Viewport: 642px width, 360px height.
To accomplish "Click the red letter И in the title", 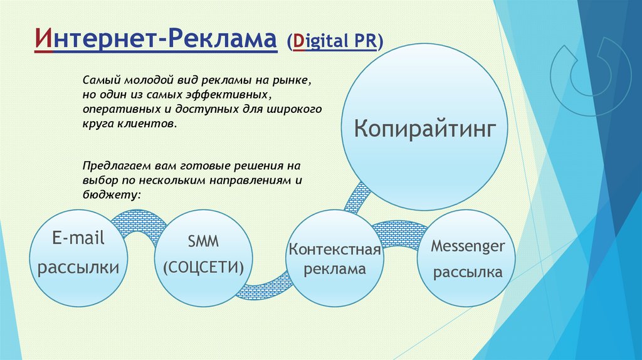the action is click(x=44, y=39).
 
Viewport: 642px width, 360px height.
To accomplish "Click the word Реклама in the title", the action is click(x=223, y=39).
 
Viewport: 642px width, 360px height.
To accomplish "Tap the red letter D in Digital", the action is click(x=299, y=41).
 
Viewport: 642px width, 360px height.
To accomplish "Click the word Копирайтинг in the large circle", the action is click(x=425, y=129).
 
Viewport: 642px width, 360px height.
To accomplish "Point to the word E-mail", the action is click(x=78, y=238).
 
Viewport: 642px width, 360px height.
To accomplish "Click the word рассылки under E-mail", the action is click(x=78, y=267).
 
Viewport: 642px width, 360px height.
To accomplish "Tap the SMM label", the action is click(x=203, y=241).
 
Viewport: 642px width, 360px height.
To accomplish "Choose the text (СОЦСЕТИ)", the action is click(x=204, y=267).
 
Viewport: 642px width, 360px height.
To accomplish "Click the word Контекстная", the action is click(x=335, y=250).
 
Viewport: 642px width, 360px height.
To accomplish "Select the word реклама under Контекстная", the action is click(x=335, y=269).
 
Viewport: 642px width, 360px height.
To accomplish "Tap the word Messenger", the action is click(x=468, y=246).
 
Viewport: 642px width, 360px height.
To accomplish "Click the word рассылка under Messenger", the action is click(x=468, y=272).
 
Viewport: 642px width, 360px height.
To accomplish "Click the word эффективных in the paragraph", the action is click(x=226, y=95).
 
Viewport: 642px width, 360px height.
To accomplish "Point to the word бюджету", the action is click(x=110, y=194).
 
